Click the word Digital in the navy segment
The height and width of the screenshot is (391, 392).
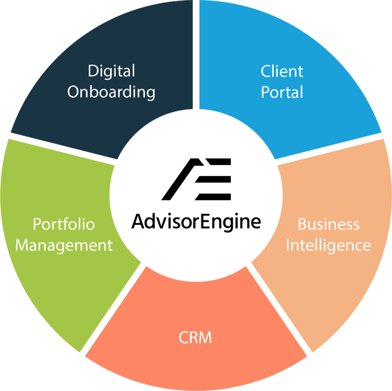pyautogui.click(x=112, y=71)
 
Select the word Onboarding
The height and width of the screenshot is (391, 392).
pyautogui.click(x=112, y=92)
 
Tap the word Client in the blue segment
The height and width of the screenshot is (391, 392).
pyautogui.click(x=282, y=71)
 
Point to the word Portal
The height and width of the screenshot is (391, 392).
pyautogui.click(x=282, y=92)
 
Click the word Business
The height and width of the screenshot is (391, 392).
pyautogui.click(x=328, y=225)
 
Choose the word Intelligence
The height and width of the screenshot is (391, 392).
pyautogui.click(x=328, y=246)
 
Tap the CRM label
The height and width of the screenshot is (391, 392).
pyautogui.click(x=195, y=337)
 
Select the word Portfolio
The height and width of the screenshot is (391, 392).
pyautogui.click(x=64, y=225)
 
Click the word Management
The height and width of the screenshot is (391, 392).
pyautogui.click(x=64, y=246)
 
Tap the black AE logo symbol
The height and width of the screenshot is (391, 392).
pyautogui.click(x=196, y=179)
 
